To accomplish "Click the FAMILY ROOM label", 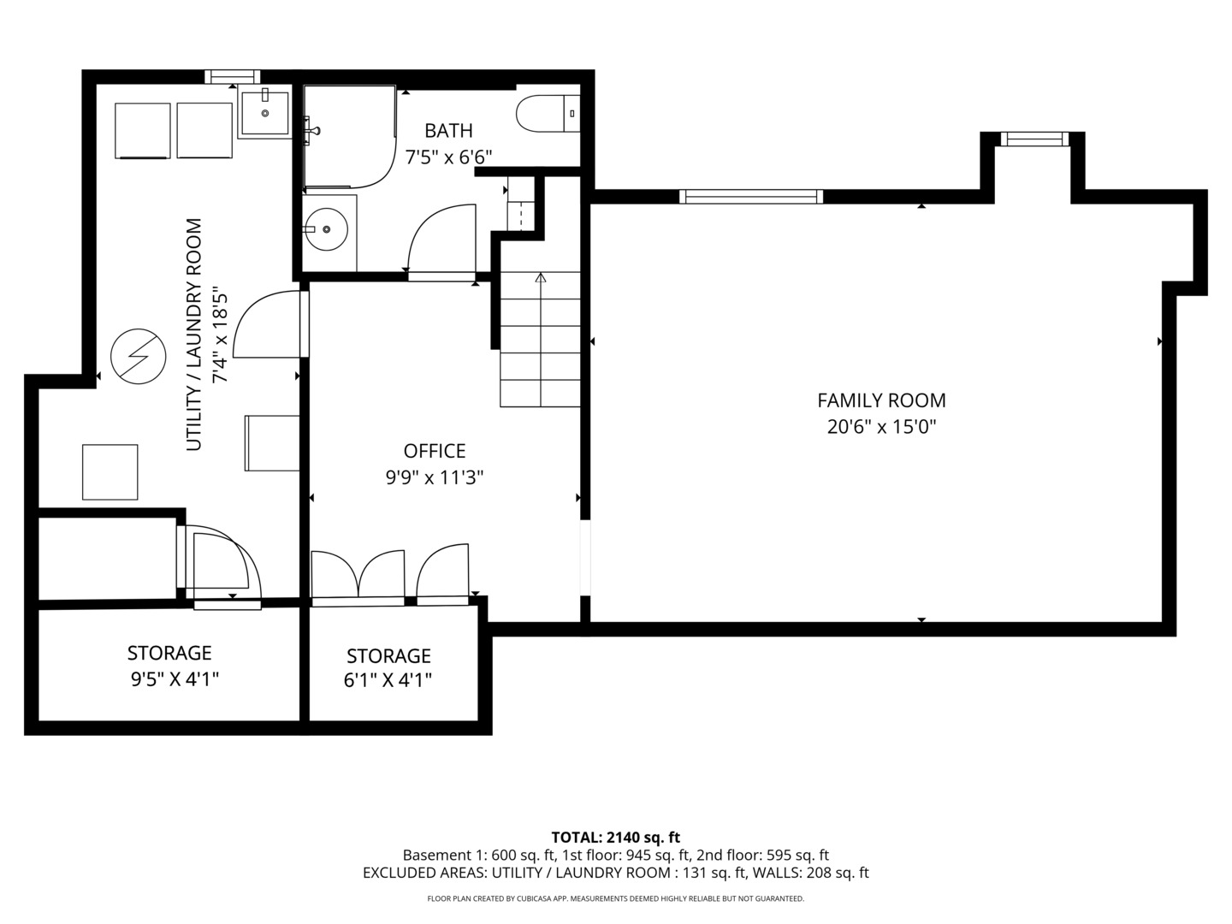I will click(x=881, y=400).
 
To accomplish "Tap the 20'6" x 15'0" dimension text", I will click(x=881, y=427).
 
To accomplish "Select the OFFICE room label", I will click(x=435, y=451).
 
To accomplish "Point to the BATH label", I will click(x=448, y=131).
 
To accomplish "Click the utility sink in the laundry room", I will click(x=264, y=113).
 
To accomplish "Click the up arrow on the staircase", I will click(x=540, y=278).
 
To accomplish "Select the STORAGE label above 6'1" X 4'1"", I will click(x=388, y=656).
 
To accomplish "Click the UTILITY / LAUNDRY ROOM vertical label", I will click(x=194, y=335).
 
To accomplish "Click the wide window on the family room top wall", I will click(x=750, y=197).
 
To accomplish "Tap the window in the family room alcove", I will click(x=1034, y=139).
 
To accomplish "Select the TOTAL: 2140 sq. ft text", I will click(x=615, y=838).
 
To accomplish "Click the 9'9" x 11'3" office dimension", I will click(x=435, y=477).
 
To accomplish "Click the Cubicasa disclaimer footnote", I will click(x=615, y=898).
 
